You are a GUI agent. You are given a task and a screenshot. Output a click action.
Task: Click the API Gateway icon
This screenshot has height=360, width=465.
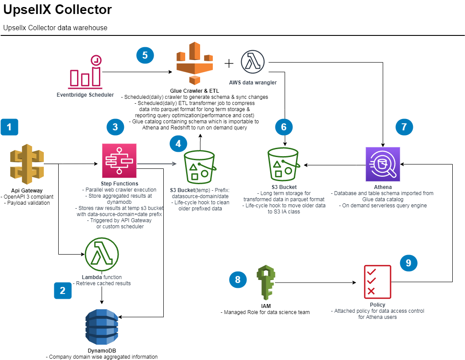pyautogui.click(x=27, y=164)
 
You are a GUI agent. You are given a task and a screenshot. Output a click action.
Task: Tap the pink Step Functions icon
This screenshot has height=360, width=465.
pyautogui.click(x=119, y=161)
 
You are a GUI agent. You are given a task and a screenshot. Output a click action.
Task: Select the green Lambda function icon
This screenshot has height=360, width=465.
pyautogui.click(x=102, y=255)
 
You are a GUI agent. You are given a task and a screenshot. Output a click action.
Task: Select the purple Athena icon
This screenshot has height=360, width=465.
pyautogui.click(x=383, y=164)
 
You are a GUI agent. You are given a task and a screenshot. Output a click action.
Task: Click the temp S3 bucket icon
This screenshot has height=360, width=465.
pyautogui.click(x=200, y=167)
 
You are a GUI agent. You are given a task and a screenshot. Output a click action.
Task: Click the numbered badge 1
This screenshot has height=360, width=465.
pyautogui.click(x=10, y=127)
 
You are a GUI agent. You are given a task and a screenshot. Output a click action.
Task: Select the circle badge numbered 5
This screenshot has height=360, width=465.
pyautogui.click(x=145, y=55)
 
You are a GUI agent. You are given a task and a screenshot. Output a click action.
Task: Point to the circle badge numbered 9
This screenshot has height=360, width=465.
pyautogui.click(x=409, y=263)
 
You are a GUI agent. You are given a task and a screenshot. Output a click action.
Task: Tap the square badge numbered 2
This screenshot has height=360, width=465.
pyautogui.click(x=63, y=290)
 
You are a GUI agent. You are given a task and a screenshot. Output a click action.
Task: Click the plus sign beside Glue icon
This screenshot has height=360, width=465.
pyautogui.click(x=229, y=63)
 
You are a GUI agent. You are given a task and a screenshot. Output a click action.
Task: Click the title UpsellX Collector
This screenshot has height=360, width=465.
pyautogui.click(x=57, y=10)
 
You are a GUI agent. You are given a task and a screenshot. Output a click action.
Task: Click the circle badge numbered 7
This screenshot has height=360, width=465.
pyautogui.click(x=404, y=127)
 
